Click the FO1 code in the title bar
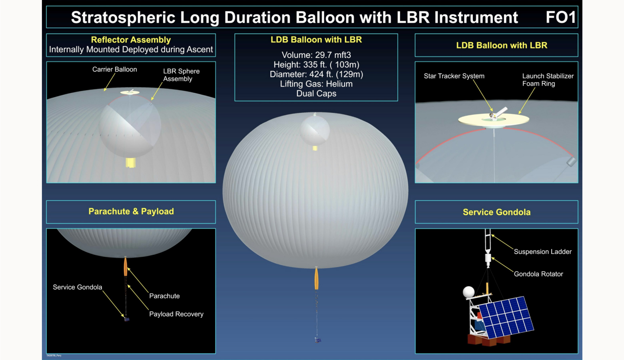[560, 17]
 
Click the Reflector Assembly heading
[131, 40]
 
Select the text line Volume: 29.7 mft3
[316, 55]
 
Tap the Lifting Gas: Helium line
[316, 84]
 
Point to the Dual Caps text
[316, 94]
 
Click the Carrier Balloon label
[114, 70]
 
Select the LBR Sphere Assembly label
[181, 75]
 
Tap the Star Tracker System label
[454, 76]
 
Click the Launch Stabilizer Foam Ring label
[548, 80]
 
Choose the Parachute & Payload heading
[131, 211]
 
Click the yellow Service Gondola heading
[496, 212]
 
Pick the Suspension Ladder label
[543, 252]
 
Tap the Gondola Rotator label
[538, 274]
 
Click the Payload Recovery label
[176, 314]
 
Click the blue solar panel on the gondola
[506, 317]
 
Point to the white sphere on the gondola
[468, 292]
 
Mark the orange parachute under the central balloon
[316, 278]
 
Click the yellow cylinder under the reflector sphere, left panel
[130, 163]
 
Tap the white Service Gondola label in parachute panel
[78, 287]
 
